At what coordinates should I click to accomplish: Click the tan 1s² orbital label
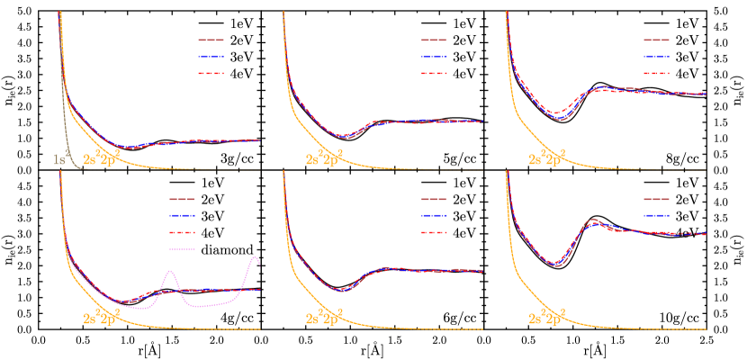[61, 159]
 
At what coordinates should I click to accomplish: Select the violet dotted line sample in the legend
[181, 249]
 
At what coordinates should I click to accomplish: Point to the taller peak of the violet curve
[255, 258]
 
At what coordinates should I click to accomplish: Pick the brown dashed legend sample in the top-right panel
[656, 40]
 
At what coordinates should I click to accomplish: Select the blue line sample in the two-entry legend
[656, 215]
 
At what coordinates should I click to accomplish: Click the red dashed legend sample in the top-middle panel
[434, 73]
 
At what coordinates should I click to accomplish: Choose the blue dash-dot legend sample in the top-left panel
[211, 57]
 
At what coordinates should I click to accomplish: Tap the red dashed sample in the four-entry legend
[181, 232]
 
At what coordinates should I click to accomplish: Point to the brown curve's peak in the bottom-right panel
[594, 219]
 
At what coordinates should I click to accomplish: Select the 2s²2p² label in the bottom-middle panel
[325, 318]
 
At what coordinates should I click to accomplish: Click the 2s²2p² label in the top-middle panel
[325, 159]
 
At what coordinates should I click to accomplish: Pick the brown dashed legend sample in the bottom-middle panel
[434, 199]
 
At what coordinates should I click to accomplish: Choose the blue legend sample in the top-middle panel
[434, 57]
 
